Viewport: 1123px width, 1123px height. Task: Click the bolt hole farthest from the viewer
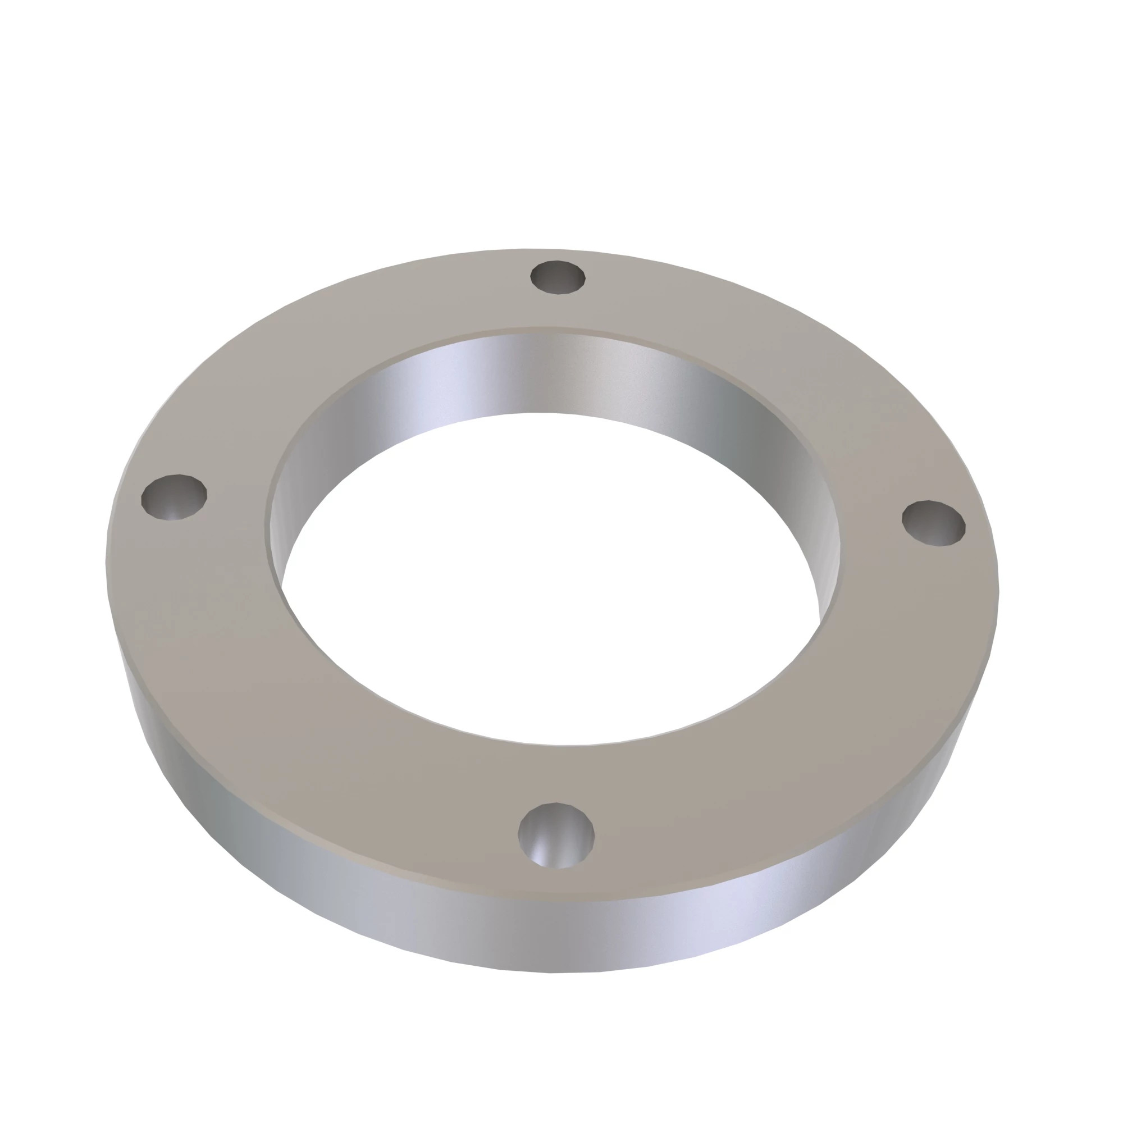[x=558, y=277]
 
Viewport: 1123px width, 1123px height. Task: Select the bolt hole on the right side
[x=934, y=523]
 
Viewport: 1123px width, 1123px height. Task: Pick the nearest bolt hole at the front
[x=556, y=836]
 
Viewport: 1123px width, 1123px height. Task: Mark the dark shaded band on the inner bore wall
[x=750, y=418]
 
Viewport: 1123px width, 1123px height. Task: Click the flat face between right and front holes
[x=814, y=727]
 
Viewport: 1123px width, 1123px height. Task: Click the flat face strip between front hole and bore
[x=558, y=773]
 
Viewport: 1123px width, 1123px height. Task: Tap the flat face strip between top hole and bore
[x=552, y=311]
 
